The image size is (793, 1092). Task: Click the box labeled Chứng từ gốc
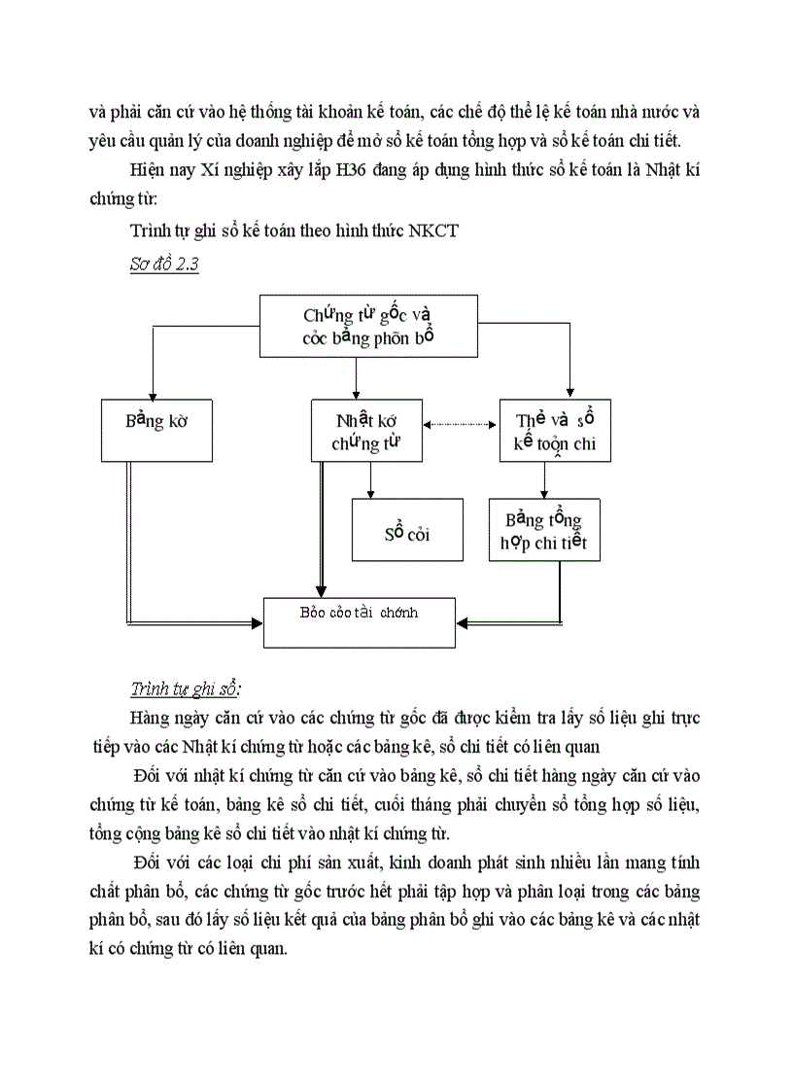pos(368,326)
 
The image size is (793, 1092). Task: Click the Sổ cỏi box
pos(407,532)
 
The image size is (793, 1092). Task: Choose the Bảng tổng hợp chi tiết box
pos(544,531)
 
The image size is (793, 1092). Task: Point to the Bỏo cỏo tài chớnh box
pos(359,620)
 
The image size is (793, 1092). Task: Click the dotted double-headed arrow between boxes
pos(462,424)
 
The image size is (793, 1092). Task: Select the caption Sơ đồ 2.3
pos(164,264)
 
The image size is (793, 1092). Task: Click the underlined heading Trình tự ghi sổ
pos(185,689)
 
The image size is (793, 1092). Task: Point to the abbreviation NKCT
pos(435,231)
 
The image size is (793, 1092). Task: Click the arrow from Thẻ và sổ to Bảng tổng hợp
pos(544,480)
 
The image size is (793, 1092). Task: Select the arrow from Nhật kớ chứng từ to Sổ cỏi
pos(370,480)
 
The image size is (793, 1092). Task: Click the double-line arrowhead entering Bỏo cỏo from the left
pos(258,619)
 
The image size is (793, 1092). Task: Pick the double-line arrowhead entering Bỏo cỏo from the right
pos(464,619)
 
